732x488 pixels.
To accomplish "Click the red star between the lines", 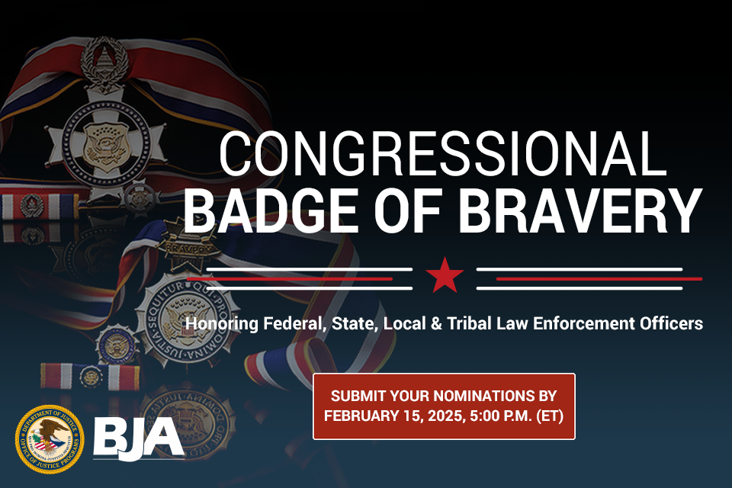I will coord(445,276).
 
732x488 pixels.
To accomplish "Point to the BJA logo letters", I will coord(138,437).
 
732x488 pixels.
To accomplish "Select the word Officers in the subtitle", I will coord(672,324).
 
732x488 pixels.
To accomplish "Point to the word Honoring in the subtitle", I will coord(220,324).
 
